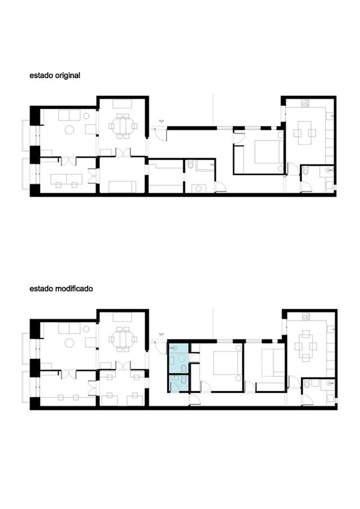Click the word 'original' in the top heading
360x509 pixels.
[67, 75]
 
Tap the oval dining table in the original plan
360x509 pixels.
[123, 126]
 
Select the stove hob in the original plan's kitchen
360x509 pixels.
[305, 103]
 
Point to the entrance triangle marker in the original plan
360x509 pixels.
[161, 121]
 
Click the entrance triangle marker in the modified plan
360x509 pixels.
[161, 334]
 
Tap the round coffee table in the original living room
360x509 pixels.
[69, 130]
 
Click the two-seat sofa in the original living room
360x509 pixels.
[69, 115]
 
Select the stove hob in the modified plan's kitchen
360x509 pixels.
[306, 316]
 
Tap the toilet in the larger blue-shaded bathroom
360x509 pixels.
[184, 368]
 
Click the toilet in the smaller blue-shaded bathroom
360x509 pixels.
[184, 380]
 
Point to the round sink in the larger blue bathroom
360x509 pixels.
[183, 358]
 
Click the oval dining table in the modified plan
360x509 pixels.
[123, 339]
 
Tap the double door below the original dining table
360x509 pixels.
[123, 152]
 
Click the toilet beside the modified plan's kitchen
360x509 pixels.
[307, 384]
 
